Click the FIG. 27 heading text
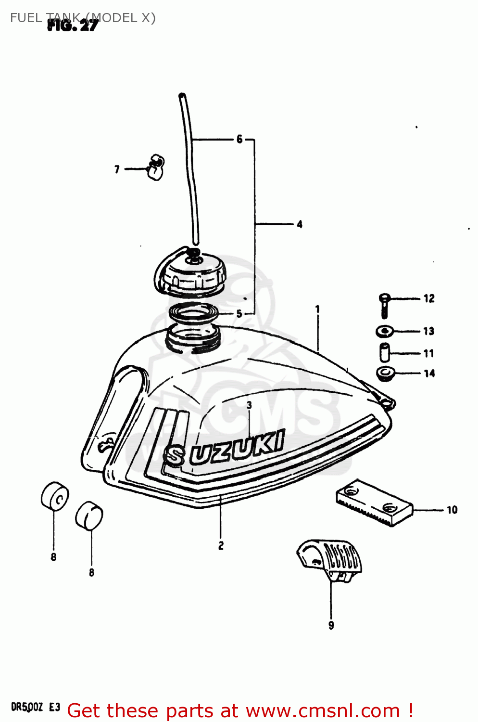point(73,26)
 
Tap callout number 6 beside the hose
point(239,140)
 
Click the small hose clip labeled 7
point(155,167)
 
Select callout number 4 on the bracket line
point(300,224)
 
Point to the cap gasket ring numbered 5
point(192,314)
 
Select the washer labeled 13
point(384,331)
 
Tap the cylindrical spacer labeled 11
point(385,353)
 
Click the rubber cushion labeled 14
point(385,373)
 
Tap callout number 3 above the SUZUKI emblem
point(249,405)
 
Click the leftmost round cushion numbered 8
point(54,496)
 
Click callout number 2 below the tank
point(221,546)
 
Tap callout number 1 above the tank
point(317,309)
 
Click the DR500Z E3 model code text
point(36,707)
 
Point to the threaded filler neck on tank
point(192,337)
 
